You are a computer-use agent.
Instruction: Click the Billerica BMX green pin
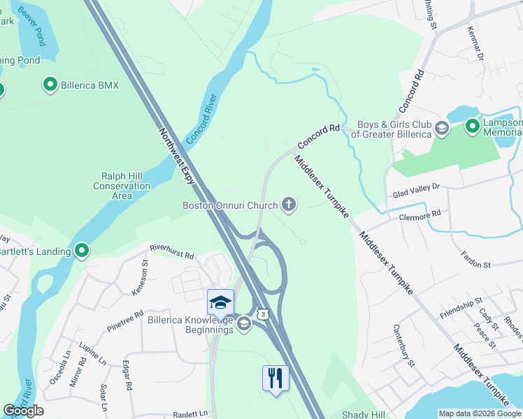50,85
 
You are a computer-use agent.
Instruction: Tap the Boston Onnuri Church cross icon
288,205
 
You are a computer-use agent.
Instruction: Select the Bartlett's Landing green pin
82,251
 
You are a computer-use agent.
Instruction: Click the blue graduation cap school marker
220,303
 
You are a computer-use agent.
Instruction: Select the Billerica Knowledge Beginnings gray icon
243,323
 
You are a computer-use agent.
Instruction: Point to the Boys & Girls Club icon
441,128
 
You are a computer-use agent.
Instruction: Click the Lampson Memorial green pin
473,127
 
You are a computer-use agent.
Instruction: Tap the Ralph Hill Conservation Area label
122,186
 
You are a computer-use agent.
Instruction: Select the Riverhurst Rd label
171,251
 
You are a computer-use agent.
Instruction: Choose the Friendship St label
461,307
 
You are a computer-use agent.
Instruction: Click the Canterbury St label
404,345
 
